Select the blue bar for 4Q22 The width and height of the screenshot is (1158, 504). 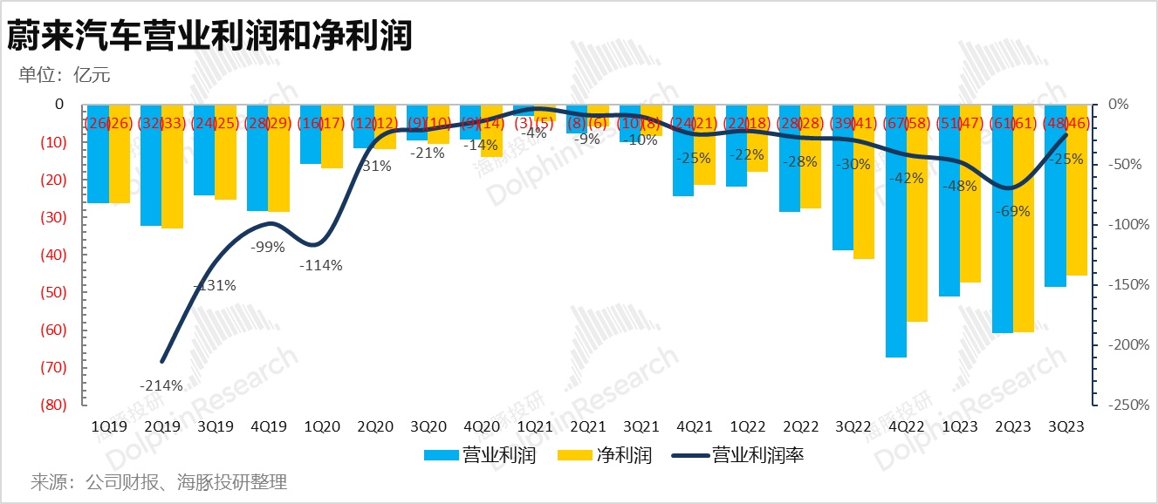pyautogui.click(x=895, y=231)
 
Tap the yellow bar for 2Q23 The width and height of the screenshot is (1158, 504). pyautogui.click(x=1024, y=218)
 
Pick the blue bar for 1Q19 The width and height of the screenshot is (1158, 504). pyautogui.click(x=98, y=153)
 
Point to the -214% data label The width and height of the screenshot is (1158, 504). pyautogui.click(x=161, y=385)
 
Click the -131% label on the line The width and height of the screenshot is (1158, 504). pyautogui.click(x=215, y=284)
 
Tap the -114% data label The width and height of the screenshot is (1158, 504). pyautogui.click(x=321, y=265)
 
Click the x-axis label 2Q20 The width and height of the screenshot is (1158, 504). pyautogui.click(x=375, y=426)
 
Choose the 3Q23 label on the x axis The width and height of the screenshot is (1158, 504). pyautogui.click(x=1066, y=426)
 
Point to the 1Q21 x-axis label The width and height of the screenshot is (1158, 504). pyautogui.click(x=535, y=426)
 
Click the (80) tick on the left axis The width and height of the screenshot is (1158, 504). pyautogui.click(x=53, y=405)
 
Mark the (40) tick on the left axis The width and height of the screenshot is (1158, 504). pyautogui.click(x=53, y=255)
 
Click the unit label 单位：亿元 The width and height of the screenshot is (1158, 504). pyautogui.click(x=65, y=75)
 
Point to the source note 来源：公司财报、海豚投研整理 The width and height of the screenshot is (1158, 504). pyautogui.click(x=159, y=481)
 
